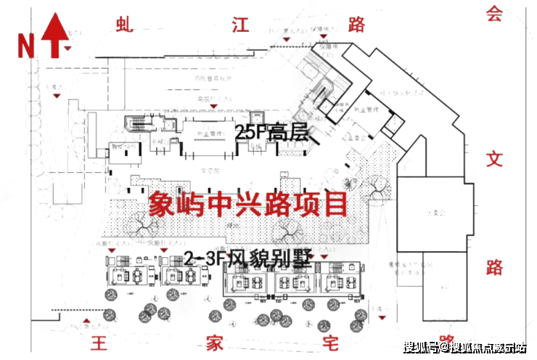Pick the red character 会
[494, 15]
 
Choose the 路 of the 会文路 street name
[494, 267]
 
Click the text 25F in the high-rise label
[250, 133]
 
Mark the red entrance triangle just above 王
[88, 320]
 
